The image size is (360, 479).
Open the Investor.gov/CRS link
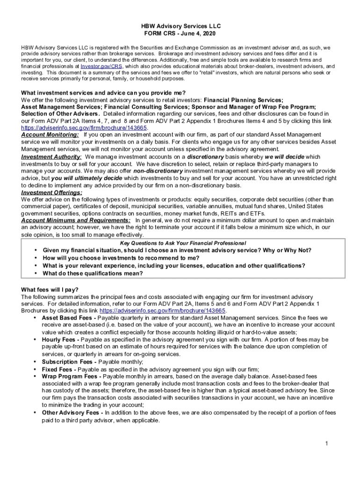(101, 66)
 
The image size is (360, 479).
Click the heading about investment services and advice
(103, 92)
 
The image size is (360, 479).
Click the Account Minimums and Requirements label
(76, 220)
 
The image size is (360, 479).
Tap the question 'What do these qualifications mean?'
(93, 273)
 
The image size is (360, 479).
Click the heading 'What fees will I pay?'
(50, 290)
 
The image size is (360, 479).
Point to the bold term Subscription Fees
(66, 362)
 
